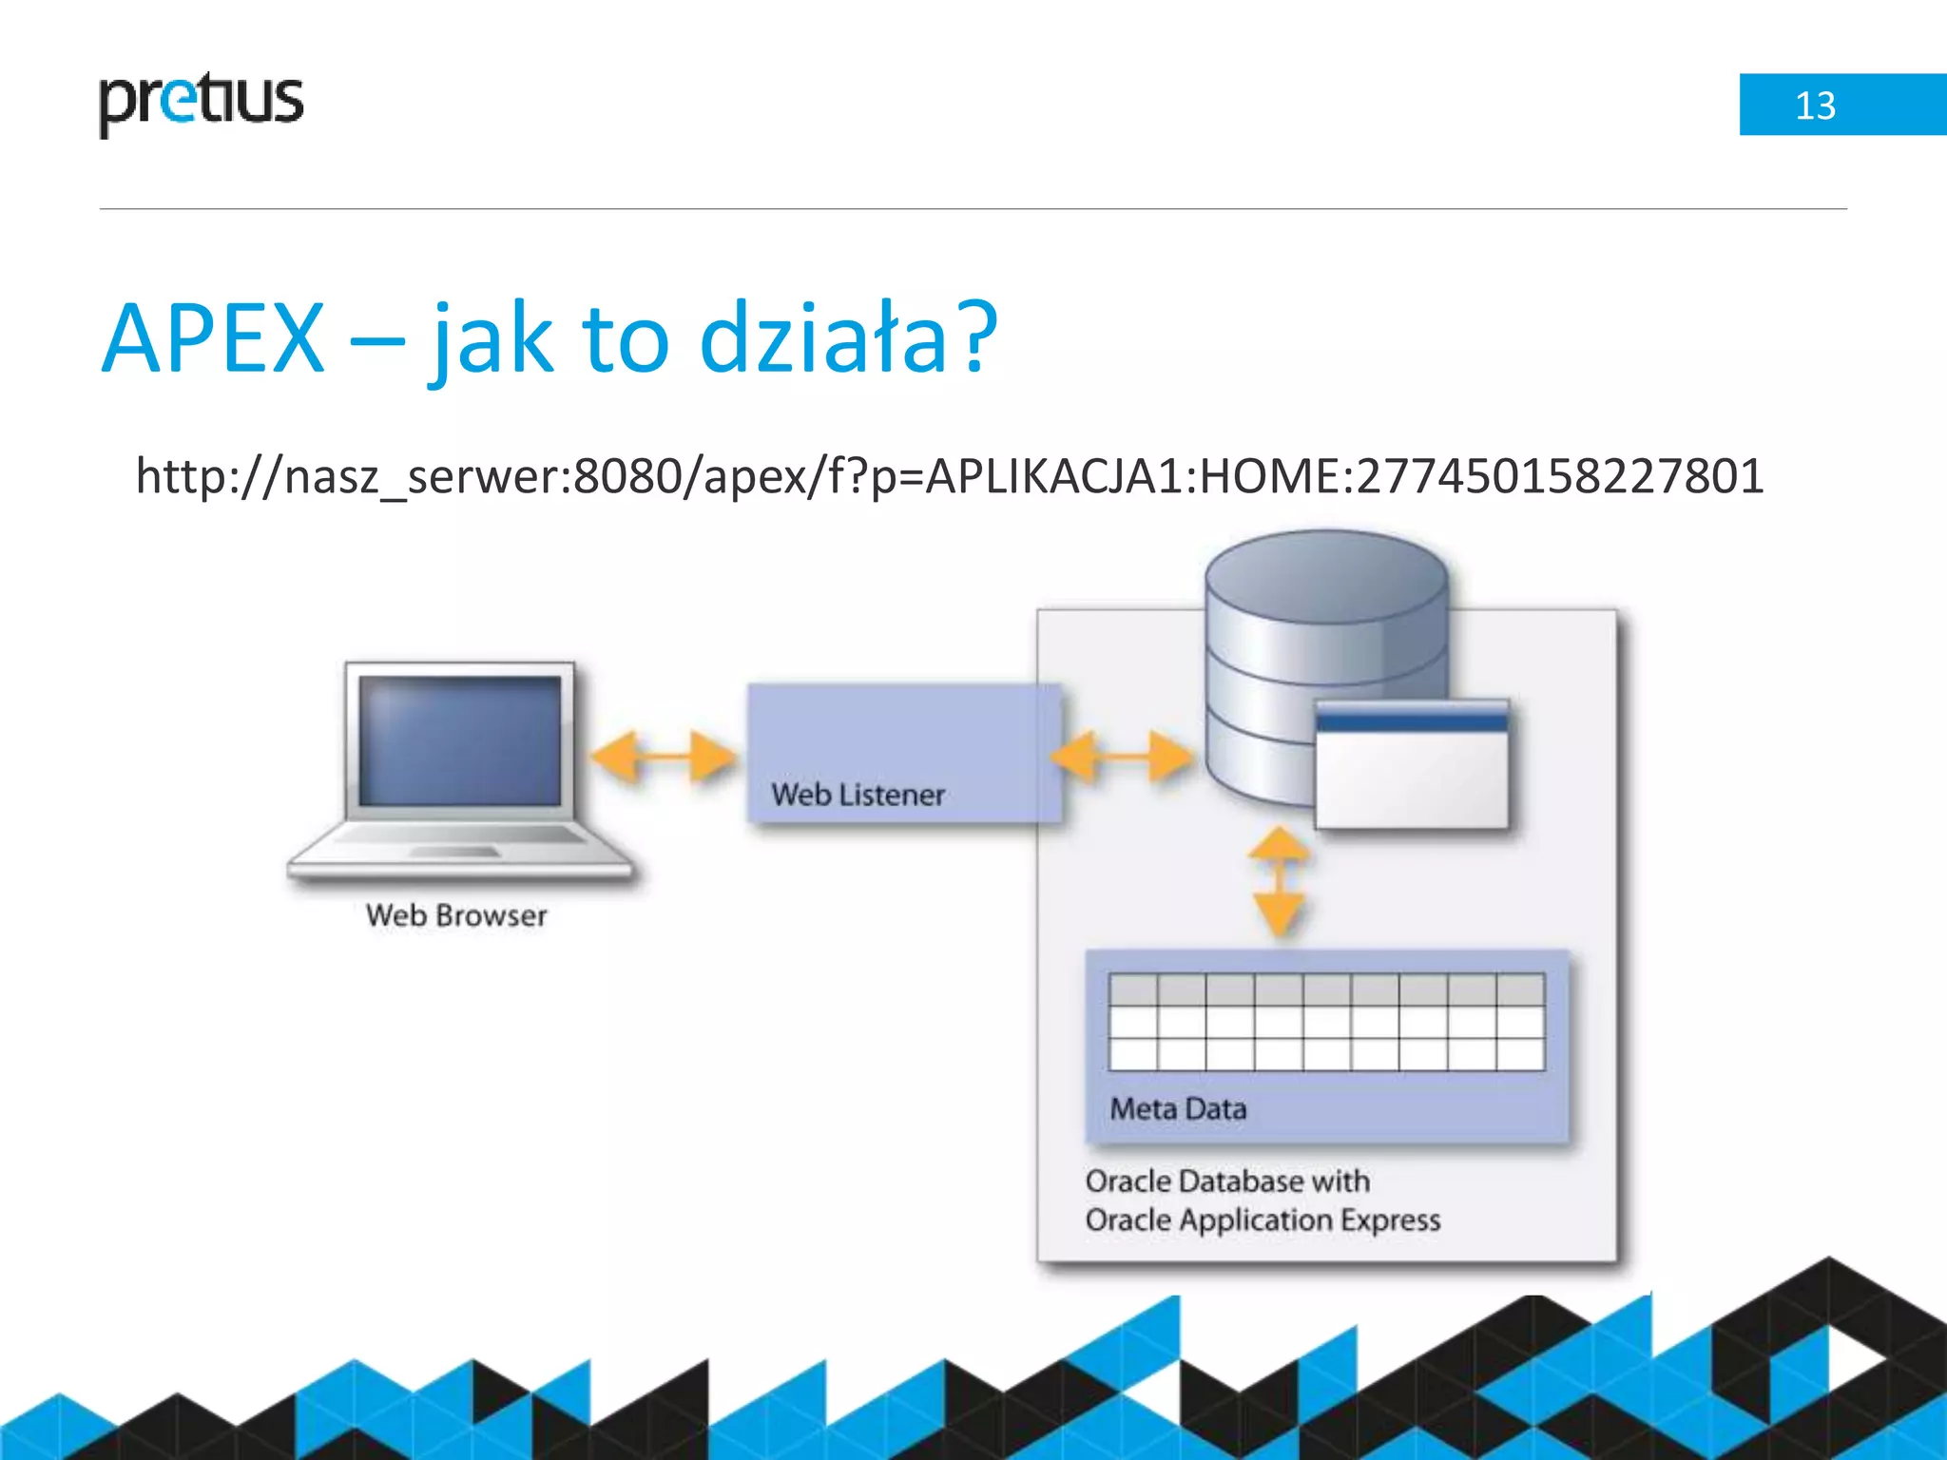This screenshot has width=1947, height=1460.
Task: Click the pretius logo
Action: pyautogui.click(x=201, y=103)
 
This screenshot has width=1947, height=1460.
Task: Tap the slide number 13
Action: pyautogui.click(x=1814, y=106)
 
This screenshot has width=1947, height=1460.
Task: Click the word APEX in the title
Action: pyautogui.click(x=214, y=339)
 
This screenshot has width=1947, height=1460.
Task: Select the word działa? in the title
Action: pyautogui.click(x=847, y=339)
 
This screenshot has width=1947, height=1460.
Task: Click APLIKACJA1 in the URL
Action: pyautogui.click(x=1054, y=476)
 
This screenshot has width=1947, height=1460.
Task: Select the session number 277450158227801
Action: pyautogui.click(x=1559, y=476)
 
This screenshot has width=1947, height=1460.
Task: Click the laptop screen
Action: pyautogui.click(x=460, y=740)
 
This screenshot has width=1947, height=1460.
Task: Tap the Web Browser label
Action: pyautogui.click(x=456, y=915)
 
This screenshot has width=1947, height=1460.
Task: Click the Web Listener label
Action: pyautogui.click(x=858, y=795)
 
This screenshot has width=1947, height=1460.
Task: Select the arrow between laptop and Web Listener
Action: pyautogui.click(x=663, y=757)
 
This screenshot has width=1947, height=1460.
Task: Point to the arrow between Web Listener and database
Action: pyautogui.click(x=1122, y=757)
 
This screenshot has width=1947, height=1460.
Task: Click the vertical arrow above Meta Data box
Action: pyautogui.click(x=1280, y=881)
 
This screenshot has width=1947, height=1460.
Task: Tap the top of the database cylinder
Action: pyautogui.click(x=1326, y=575)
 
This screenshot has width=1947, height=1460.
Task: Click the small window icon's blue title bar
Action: pyautogui.click(x=1412, y=720)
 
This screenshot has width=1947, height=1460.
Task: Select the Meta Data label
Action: pyautogui.click(x=1178, y=1109)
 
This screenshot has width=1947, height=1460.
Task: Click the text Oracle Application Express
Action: pyautogui.click(x=1263, y=1220)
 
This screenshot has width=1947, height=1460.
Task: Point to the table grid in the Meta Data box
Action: pyautogui.click(x=1326, y=1022)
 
